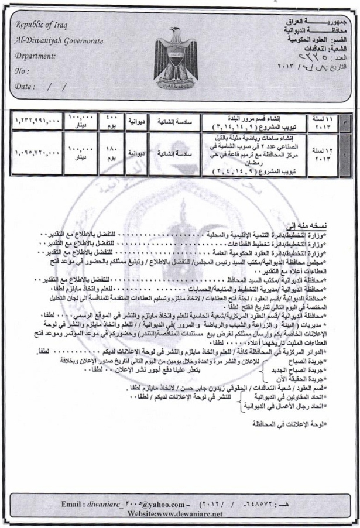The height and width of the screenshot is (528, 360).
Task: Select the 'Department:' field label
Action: [36, 57]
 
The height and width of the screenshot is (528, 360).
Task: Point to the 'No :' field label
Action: [21, 73]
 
